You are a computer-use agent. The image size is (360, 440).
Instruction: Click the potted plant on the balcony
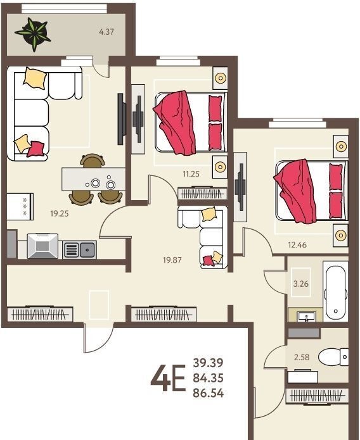tap(34, 34)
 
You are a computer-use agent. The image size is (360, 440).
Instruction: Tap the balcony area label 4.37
tap(106, 32)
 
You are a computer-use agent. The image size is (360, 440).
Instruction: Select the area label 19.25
tap(60, 213)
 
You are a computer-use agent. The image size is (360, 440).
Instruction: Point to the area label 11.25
tap(191, 174)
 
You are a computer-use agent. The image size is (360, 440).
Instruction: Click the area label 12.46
tap(297, 245)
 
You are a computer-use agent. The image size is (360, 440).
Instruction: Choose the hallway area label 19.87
tap(172, 260)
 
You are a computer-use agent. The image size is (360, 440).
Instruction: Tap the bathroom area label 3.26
tap(301, 284)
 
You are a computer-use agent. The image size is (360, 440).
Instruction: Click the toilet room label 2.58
tap(302, 357)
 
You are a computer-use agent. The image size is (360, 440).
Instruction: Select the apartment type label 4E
tap(168, 378)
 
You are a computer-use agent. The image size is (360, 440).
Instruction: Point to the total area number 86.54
tap(209, 393)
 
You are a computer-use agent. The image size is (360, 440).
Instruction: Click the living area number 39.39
tap(209, 363)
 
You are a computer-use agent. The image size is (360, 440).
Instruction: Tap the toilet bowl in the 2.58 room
tap(333, 357)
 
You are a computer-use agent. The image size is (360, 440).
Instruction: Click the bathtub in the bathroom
tap(335, 291)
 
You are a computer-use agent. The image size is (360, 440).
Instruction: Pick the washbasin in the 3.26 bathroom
tap(305, 317)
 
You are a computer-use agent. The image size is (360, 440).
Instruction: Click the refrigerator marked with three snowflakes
tap(20, 206)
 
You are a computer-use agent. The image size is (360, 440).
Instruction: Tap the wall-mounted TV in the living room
tap(120, 119)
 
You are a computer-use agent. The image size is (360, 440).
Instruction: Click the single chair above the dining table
tap(93, 161)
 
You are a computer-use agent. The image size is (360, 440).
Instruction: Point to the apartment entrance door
tap(98, 338)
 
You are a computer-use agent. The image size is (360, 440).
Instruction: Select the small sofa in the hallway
tap(203, 237)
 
